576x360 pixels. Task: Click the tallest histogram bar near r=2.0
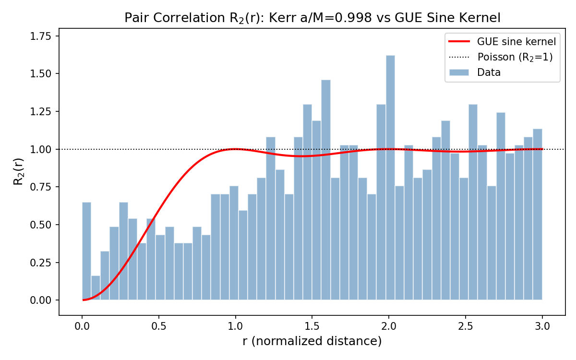coord(390,178)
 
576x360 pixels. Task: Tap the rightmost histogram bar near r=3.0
coord(538,214)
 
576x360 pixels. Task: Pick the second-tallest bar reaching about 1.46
coord(326,190)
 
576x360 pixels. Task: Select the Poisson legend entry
coord(515,57)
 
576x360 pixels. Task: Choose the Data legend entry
coord(489,72)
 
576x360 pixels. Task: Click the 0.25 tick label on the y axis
coord(42,263)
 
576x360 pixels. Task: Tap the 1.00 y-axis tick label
coord(42,149)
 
